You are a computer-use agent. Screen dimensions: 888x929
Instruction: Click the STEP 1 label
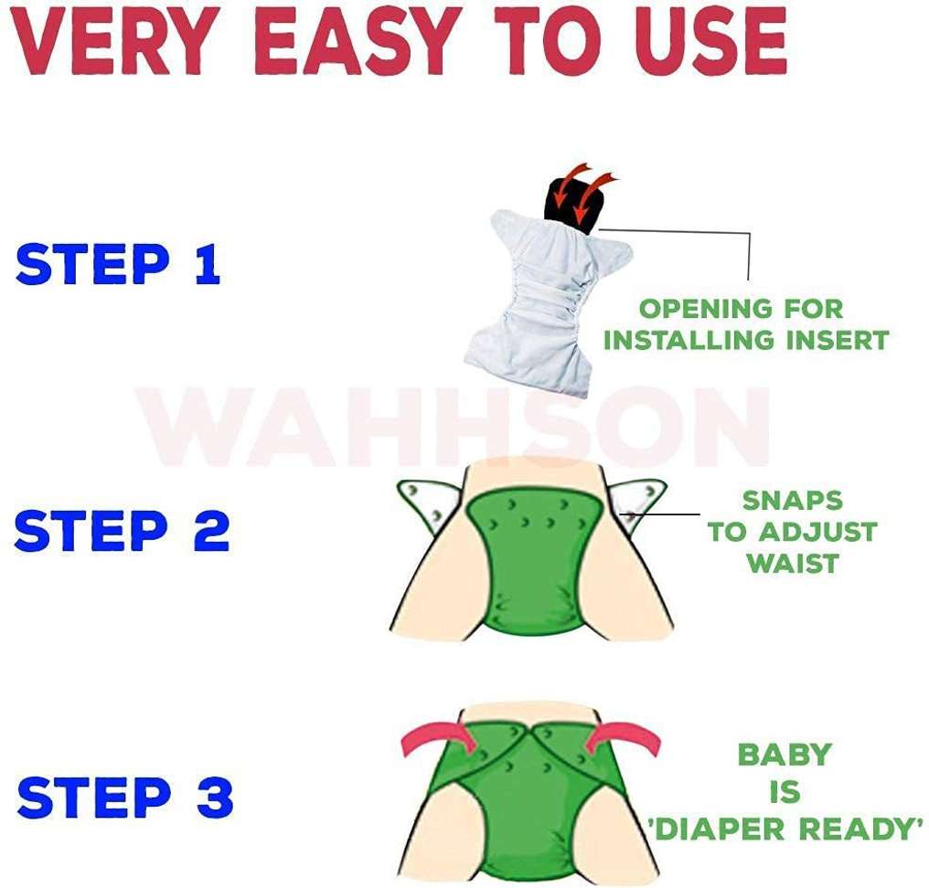[118, 265]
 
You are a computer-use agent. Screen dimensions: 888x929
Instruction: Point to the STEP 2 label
[122, 531]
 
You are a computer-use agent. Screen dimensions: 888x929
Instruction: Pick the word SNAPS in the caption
[792, 501]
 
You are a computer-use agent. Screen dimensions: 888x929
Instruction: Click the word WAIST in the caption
[792, 563]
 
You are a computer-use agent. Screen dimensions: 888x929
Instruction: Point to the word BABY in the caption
[785, 756]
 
